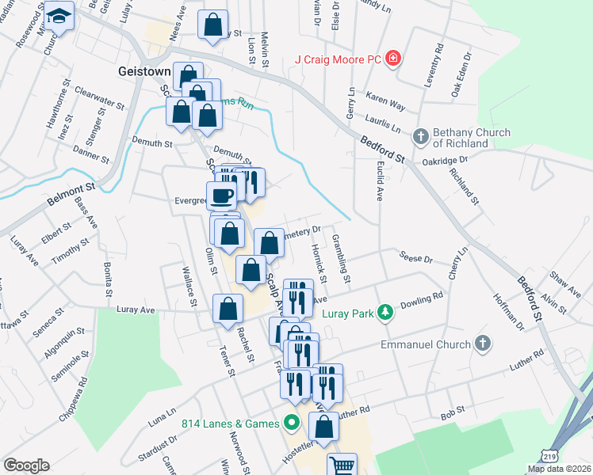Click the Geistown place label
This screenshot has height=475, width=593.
[x=145, y=70]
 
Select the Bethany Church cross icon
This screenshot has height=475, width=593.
[x=420, y=135]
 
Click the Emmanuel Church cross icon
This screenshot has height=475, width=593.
[x=482, y=344]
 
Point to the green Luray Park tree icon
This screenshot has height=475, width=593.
[x=384, y=312]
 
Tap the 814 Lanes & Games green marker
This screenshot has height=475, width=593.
[x=291, y=424]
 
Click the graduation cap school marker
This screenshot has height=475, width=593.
[x=59, y=16]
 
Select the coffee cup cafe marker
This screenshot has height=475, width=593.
[x=222, y=194]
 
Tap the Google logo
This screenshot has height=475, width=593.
[x=26, y=465]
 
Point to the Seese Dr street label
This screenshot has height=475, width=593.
[x=417, y=259]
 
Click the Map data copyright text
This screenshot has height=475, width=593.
[x=559, y=469]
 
